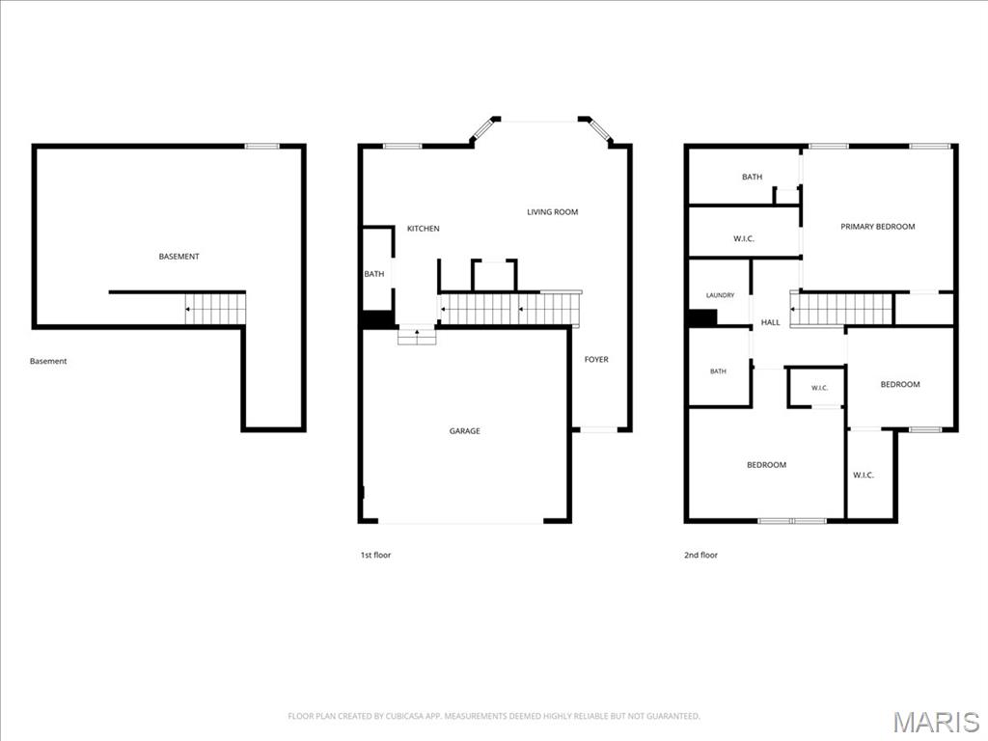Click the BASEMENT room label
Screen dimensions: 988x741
click(x=178, y=257)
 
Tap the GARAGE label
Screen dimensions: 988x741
click(x=464, y=431)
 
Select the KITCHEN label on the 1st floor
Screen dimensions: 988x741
click(x=424, y=229)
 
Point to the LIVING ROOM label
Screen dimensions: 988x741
click(x=553, y=212)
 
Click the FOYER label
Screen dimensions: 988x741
click(x=596, y=359)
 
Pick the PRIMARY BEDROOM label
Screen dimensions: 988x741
click(x=878, y=227)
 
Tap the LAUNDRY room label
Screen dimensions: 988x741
click(x=720, y=295)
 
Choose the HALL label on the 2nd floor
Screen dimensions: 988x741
click(x=770, y=322)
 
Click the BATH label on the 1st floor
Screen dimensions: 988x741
click(x=374, y=274)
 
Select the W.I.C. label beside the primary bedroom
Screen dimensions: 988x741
click(x=744, y=239)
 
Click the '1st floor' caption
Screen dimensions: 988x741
click(x=375, y=555)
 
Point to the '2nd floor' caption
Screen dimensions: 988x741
click(x=700, y=555)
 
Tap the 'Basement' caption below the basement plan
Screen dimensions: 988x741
click(x=48, y=361)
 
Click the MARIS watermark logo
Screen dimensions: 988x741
click(x=936, y=722)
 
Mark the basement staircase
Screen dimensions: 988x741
click(x=215, y=309)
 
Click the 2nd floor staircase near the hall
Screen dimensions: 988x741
click(x=841, y=309)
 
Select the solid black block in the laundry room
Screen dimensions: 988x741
click(x=702, y=317)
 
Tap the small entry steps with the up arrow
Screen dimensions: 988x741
click(x=417, y=337)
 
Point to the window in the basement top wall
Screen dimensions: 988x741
click(x=261, y=147)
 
